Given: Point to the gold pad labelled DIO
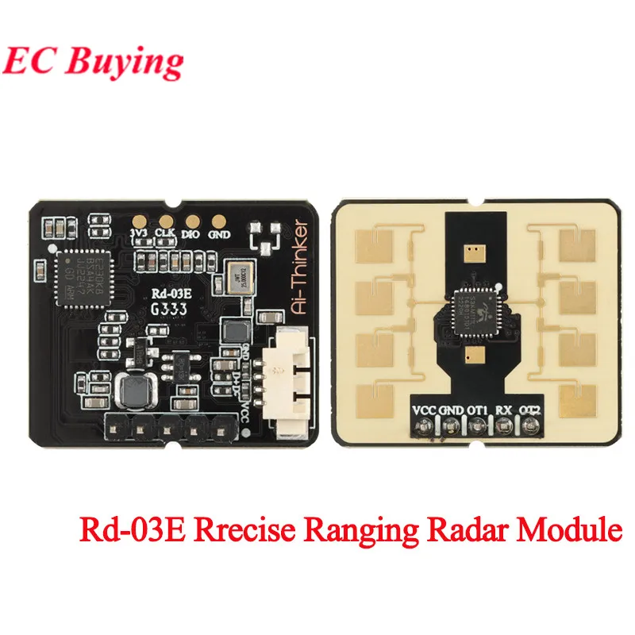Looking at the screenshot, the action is [x=191, y=224].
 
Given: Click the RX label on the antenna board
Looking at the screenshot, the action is [x=503, y=410].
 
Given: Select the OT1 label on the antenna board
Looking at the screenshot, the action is [x=477, y=410].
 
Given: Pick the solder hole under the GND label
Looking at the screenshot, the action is [x=450, y=427].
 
